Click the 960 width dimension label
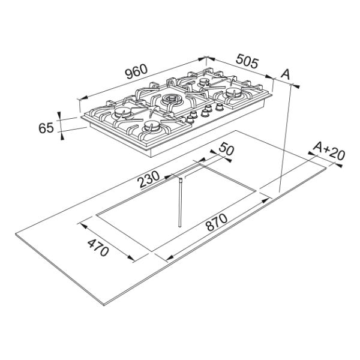136,71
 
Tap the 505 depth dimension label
247,61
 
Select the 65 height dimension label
46,128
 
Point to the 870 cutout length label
217,222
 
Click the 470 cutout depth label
98,248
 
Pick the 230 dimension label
148,179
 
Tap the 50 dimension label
226,149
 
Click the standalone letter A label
286,74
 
